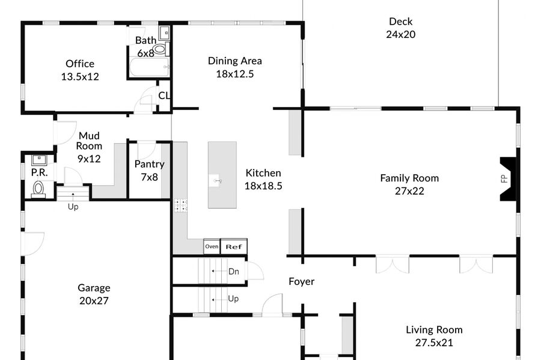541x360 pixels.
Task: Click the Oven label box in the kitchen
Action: tap(212, 246)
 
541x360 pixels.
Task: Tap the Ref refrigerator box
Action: tap(234, 246)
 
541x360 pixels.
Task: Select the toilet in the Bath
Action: tap(161, 49)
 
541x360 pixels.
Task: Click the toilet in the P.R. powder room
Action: tap(38, 190)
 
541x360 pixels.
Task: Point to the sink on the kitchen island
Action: tap(216, 181)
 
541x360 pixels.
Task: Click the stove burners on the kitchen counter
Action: tap(180, 205)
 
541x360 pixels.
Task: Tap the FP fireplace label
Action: tap(504, 178)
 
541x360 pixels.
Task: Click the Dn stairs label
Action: tap(234, 272)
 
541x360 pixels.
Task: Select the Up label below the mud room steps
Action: tap(73, 207)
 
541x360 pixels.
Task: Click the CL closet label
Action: tap(164, 95)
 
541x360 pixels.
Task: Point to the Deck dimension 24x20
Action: tap(400, 34)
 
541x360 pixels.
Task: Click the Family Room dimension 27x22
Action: tap(409, 191)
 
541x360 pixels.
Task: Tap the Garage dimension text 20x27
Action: tap(94, 301)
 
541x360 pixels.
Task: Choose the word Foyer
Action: tap(302, 281)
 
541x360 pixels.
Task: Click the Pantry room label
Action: tap(150, 164)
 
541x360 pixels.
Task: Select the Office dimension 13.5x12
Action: tap(80, 76)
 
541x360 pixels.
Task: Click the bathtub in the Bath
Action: tap(150, 67)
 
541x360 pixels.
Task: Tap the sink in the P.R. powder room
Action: tap(39, 160)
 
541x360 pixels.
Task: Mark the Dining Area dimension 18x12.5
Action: tap(235, 74)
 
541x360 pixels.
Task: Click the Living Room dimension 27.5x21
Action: tap(434, 343)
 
